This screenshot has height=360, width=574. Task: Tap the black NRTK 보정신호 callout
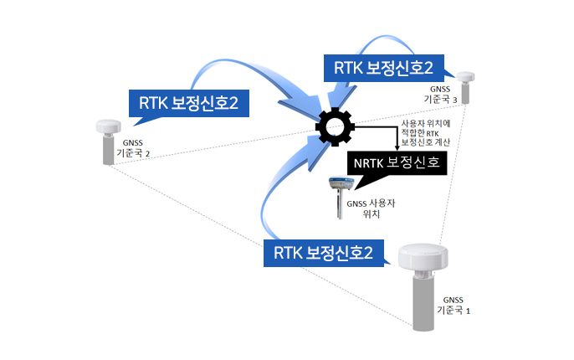(397, 162)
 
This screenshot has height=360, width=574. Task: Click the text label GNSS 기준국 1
(453, 305)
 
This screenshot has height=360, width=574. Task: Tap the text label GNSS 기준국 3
(439, 93)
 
